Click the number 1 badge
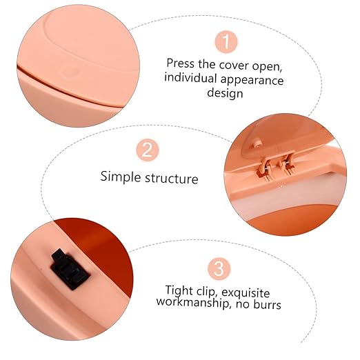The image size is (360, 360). [226, 42]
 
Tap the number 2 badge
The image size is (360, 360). [148, 150]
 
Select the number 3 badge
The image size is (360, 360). [219, 269]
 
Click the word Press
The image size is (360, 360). [181, 63]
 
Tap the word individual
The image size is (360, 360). [190, 77]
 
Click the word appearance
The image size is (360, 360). [252, 81]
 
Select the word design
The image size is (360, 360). [225, 93]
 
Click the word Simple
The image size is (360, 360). [121, 177]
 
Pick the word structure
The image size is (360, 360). [172, 179]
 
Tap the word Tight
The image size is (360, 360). [179, 291]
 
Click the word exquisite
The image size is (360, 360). [246, 292]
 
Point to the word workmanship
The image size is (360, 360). [193, 302]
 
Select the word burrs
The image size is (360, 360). [267, 304]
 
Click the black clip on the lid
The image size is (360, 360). [70, 269]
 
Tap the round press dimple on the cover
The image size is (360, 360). [69, 71]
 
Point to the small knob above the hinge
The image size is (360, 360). [257, 145]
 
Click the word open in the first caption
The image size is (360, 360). [268, 67]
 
